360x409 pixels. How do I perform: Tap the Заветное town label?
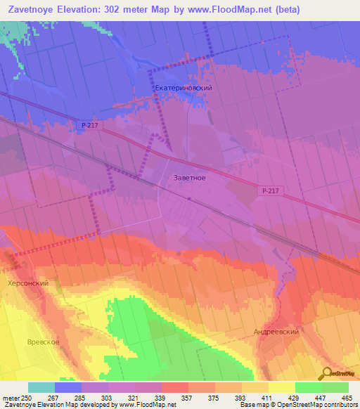point(189,178)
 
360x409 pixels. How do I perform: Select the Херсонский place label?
point(27,283)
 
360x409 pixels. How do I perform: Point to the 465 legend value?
point(347,397)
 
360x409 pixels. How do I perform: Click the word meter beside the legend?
point(10,397)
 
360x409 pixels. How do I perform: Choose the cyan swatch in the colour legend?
point(41,387)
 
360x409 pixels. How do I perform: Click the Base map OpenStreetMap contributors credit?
point(298,405)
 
